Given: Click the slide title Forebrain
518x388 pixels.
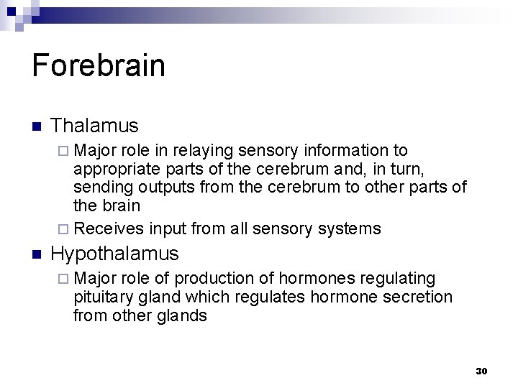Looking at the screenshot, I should [x=99, y=65].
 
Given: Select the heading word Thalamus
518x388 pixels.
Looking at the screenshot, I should [x=95, y=125].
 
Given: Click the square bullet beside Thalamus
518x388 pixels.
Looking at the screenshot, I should [x=37, y=126].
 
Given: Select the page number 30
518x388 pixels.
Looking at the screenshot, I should [x=481, y=371].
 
